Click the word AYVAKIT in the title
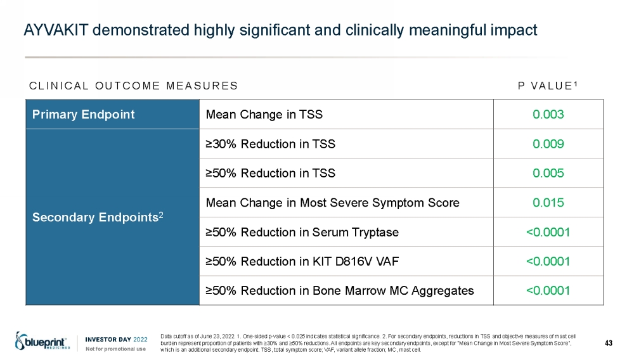(56, 30)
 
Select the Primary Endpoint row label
(83, 114)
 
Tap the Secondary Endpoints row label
(98, 217)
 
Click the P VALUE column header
(548, 86)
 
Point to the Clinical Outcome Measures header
(133, 86)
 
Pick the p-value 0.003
(548, 114)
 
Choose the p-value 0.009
(548, 144)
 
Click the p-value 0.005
(548, 173)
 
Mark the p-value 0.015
(548, 202)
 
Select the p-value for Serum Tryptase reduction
(548, 232)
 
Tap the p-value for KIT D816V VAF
(548, 261)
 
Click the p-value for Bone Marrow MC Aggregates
(548, 290)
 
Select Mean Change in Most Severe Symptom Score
(332, 202)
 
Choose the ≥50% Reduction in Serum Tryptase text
(302, 233)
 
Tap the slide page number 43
(609, 343)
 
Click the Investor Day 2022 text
(116, 339)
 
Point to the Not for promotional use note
(115, 349)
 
